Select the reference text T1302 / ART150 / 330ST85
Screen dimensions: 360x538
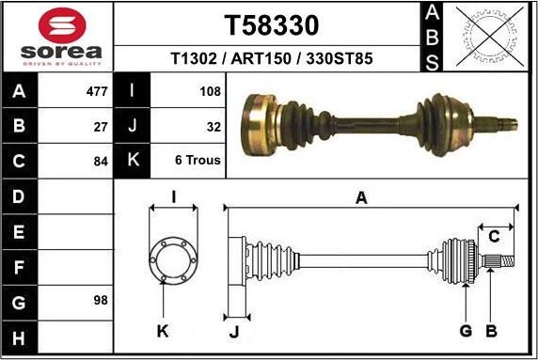coord(272,58)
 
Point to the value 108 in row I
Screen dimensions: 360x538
coord(210,92)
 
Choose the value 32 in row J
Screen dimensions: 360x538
coord(213,125)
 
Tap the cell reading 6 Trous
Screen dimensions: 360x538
coord(198,160)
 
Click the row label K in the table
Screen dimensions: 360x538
coord(133,160)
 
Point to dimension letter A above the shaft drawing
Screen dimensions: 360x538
coord(360,197)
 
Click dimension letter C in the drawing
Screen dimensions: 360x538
coord(494,236)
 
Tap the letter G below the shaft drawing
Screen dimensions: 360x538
coord(466,330)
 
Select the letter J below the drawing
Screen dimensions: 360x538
coord(233,330)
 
